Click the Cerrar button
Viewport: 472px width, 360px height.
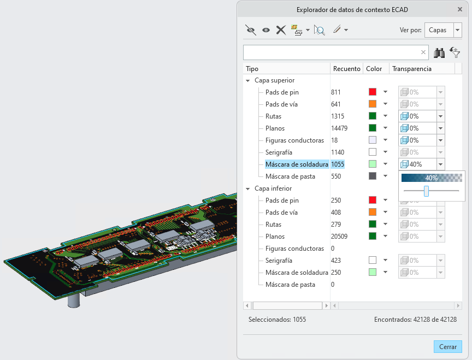point(447,346)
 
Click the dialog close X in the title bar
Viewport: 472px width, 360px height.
point(459,9)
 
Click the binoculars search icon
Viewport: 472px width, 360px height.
point(439,53)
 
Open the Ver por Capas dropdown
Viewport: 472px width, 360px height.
point(458,30)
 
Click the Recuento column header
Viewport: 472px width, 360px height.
point(346,69)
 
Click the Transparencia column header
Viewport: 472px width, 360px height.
point(411,69)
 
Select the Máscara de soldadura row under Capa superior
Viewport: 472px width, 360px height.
point(297,164)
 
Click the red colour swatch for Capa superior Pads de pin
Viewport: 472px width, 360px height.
point(373,92)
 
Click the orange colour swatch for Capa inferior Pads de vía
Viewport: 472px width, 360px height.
point(373,212)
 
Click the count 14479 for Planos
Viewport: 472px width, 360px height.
point(339,128)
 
